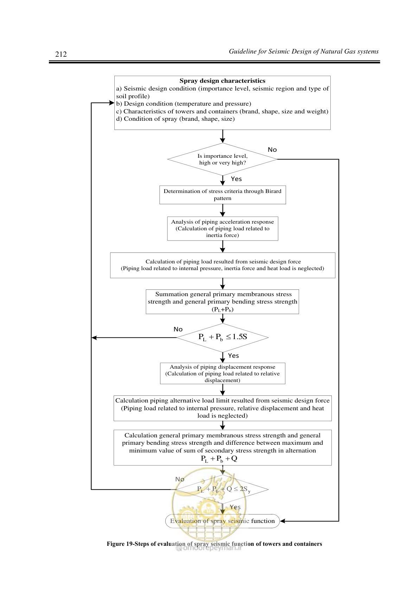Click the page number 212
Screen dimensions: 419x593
click(x=61, y=54)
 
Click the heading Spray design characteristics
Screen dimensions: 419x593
click(x=222, y=81)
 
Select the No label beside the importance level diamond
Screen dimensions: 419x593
click(x=272, y=150)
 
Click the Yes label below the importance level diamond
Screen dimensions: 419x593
click(x=236, y=179)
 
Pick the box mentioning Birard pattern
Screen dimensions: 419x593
click(x=222, y=195)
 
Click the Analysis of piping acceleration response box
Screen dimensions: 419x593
click(x=222, y=229)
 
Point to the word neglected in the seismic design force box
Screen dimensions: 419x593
click(x=310, y=268)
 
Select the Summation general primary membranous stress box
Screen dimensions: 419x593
click(x=222, y=302)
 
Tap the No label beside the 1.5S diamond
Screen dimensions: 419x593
click(x=178, y=329)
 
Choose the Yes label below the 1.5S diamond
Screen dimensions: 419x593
click(x=233, y=356)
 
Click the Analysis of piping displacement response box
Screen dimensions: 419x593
click(x=222, y=373)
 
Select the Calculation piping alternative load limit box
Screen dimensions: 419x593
click(x=222, y=408)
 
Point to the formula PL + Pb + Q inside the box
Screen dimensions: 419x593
click(x=219, y=459)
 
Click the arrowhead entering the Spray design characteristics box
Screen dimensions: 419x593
click(x=112, y=103)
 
